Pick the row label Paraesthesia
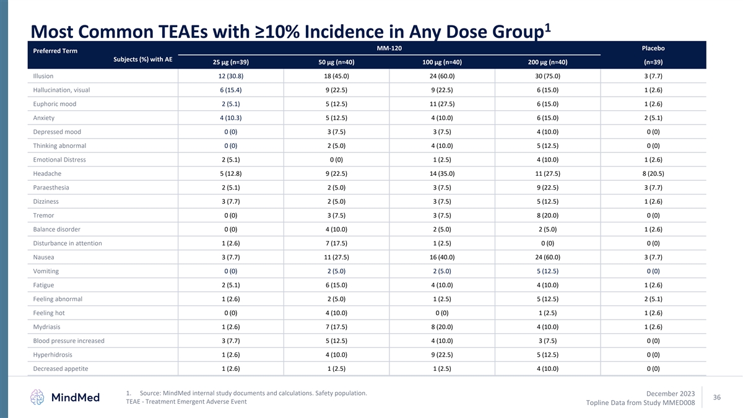[x=51, y=188]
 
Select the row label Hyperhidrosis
[x=53, y=355]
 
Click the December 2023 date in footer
[x=670, y=393]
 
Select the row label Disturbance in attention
[x=67, y=243]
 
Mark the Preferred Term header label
[x=55, y=51]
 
